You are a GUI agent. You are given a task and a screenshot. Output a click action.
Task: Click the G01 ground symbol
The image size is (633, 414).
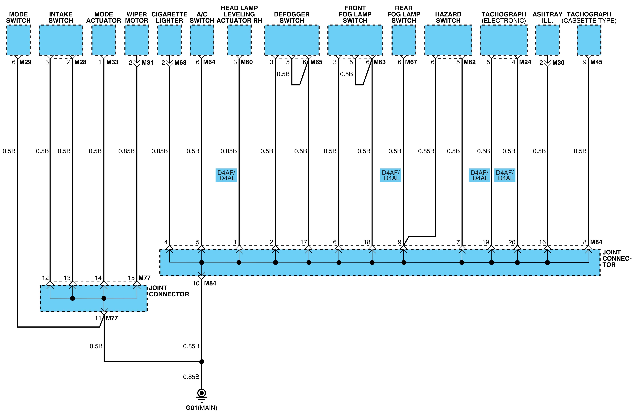click(x=202, y=395)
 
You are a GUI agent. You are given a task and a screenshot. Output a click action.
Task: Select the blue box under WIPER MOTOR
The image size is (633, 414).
click(x=137, y=40)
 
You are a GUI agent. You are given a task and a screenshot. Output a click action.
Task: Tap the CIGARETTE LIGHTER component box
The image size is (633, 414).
click(x=169, y=40)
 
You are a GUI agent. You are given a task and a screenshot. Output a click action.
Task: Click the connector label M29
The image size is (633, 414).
click(x=25, y=62)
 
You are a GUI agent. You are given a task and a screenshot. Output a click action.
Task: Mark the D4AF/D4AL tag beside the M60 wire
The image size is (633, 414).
click(x=226, y=175)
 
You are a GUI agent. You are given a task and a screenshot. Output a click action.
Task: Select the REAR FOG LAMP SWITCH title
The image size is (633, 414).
click(x=404, y=14)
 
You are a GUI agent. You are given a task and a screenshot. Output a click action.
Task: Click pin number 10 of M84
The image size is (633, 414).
click(x=196, y=283)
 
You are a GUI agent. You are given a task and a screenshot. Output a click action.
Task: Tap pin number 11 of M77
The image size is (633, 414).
click(x=98, y=318)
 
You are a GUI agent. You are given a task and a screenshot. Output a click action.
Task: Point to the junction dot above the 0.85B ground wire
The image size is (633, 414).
click(x=202, y=362)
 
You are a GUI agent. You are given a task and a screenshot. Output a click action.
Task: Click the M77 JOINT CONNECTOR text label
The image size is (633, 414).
click(x=169, y=291)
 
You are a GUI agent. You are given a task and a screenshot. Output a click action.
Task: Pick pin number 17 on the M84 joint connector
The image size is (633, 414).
click(x=304, y=242)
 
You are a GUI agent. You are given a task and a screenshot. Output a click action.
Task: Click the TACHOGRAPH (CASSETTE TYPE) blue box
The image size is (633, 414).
click(x=589, y=40)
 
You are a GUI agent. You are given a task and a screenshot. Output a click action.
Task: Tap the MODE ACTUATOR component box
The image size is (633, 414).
click(x=104, y=40)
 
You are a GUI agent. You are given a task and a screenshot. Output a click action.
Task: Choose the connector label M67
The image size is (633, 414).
click(x=411, y=62)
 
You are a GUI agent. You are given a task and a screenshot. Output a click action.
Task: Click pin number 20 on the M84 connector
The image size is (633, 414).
click(x=512, y=242)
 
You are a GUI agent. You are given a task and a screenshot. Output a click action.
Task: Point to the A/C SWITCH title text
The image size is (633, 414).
click(x=202, y=17)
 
